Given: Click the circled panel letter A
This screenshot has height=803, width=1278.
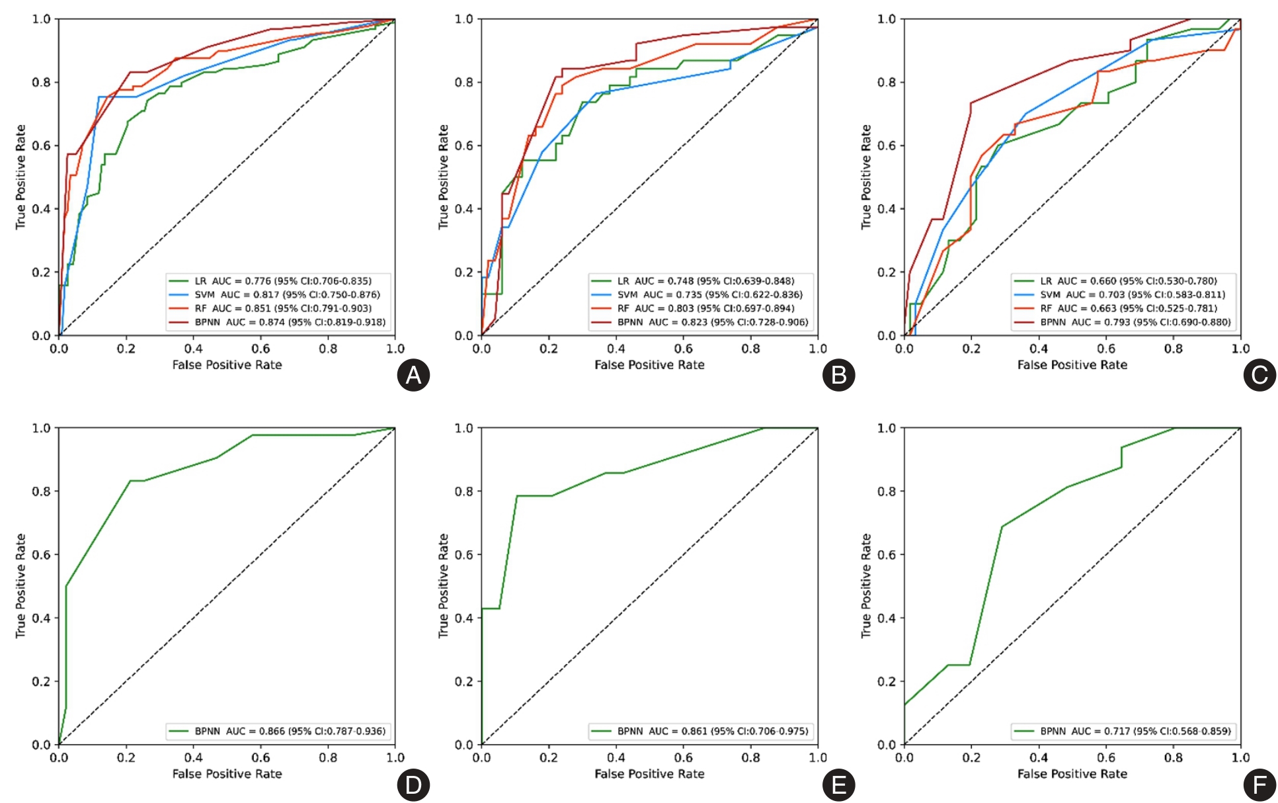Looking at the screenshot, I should tap(413, 375).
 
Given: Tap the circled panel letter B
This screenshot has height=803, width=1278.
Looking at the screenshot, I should tap(838, 375).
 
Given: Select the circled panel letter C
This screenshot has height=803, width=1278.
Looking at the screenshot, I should tap(1259, 375).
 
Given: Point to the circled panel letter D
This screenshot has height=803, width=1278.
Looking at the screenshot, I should tap(413, 785).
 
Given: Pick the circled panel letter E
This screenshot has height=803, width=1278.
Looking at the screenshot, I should tap(838, 785).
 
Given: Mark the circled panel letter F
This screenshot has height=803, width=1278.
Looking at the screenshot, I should tap(1259, 785).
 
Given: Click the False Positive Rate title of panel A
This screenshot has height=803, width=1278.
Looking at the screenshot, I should tap(227, 364).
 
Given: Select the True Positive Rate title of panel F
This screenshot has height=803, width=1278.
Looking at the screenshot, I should tap(865, 585).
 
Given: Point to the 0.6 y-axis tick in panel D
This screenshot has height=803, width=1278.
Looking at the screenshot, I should tap(41, 554).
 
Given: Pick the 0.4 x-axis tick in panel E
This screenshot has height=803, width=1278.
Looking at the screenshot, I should tap(616, 757).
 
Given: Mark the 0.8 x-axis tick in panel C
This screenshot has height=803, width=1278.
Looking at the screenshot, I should tap(1173, 349).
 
